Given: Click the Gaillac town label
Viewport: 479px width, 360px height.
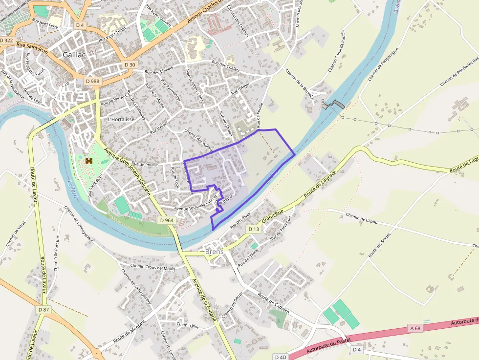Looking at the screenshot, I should tap(74, 55).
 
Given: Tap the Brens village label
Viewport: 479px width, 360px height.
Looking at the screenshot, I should tap(214, 252).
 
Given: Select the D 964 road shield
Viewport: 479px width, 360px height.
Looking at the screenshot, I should tap(167, 220).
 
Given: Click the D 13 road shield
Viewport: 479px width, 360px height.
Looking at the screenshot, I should tap(253, 229).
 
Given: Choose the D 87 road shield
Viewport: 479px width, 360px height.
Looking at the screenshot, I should tap(44, 310).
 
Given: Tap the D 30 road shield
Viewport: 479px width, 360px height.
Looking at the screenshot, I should tap(130, 64).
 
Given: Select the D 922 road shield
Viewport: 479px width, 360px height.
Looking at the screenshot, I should tap(7, 40).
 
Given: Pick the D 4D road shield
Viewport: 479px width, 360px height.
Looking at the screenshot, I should tap(281, 357).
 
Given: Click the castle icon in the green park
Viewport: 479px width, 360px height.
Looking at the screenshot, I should tap(89, 160).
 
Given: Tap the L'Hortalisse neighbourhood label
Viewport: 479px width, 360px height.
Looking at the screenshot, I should tap(121, 119).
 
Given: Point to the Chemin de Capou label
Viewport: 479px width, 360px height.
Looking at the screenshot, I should tap(362, 216).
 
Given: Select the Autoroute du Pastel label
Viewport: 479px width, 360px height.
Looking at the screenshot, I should tap(328, 345).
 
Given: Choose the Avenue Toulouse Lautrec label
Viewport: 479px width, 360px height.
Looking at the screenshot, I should tap(196, 207).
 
